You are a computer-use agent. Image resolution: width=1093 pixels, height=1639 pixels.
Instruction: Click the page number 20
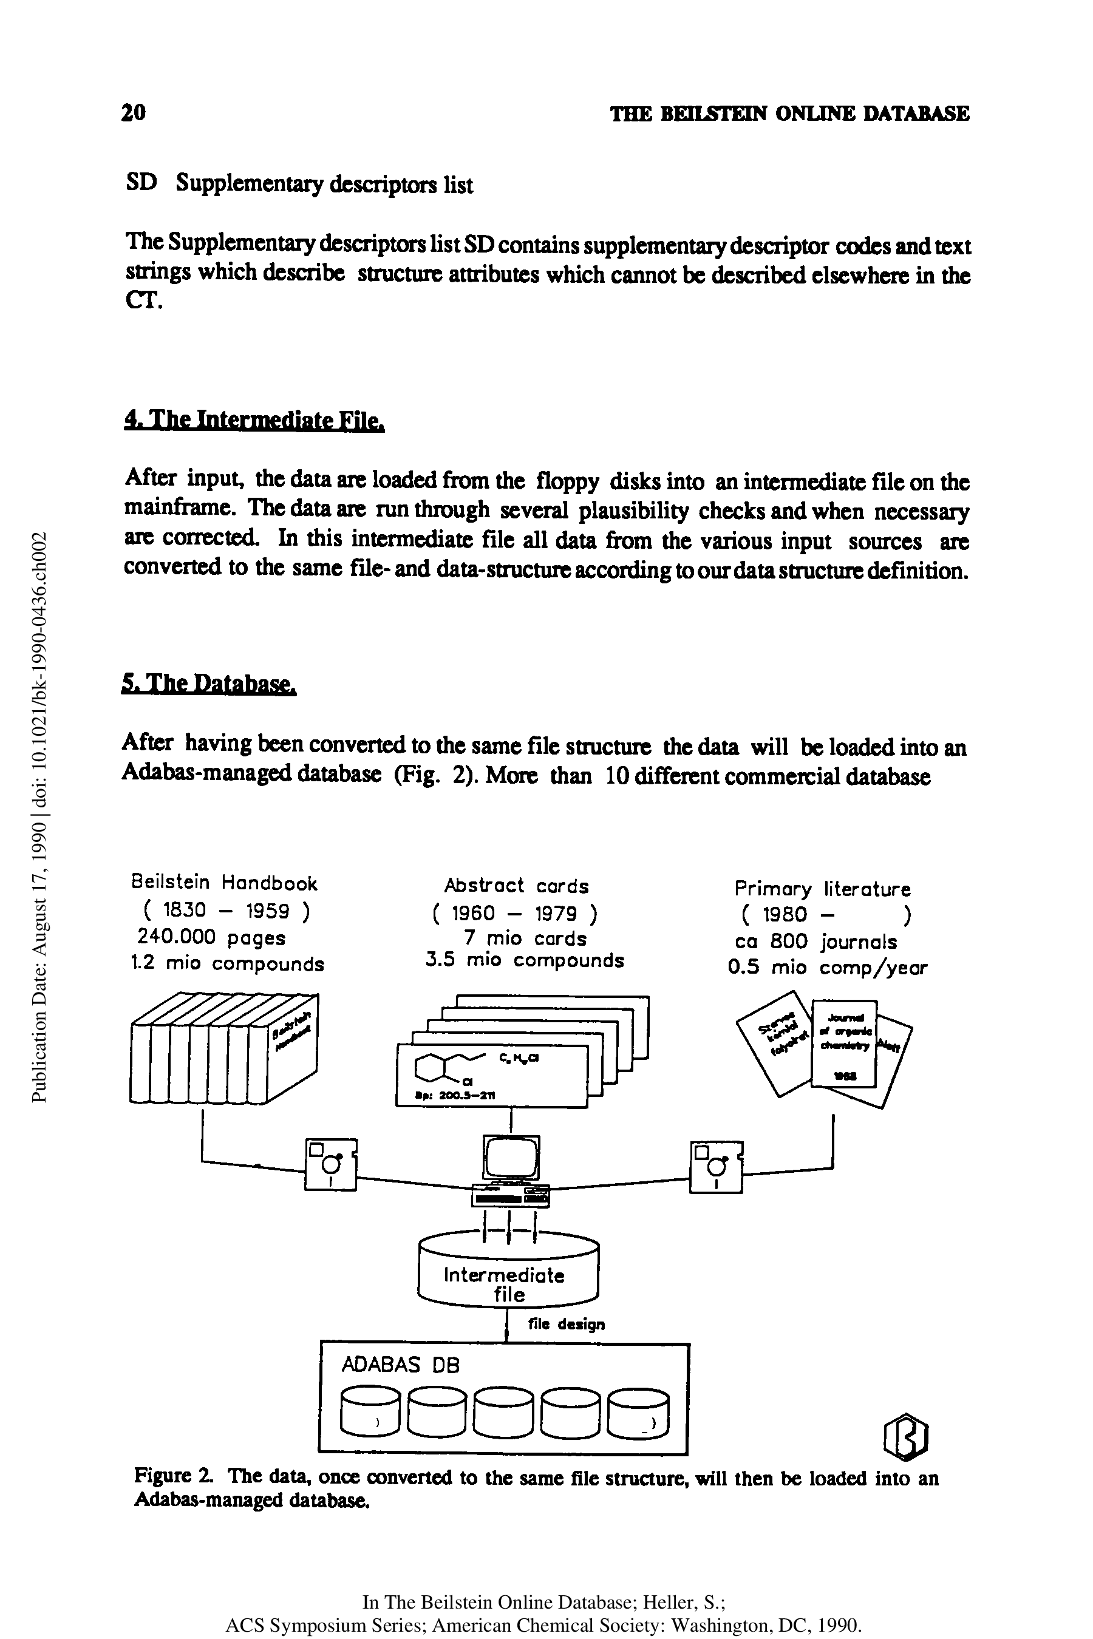133,112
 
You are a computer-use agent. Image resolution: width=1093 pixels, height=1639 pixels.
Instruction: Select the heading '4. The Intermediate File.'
254,420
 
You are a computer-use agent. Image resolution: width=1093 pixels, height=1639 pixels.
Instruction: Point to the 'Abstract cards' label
517,886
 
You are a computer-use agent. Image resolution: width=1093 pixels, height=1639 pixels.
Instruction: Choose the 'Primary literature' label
823,889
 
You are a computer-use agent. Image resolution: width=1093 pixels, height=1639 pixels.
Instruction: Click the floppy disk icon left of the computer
330,1164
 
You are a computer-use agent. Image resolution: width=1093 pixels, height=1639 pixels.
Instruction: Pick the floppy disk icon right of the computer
716,1167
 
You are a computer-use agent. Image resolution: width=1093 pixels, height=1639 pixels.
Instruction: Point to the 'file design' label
566,1323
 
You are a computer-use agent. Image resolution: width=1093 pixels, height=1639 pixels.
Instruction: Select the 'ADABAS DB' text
401,1365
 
